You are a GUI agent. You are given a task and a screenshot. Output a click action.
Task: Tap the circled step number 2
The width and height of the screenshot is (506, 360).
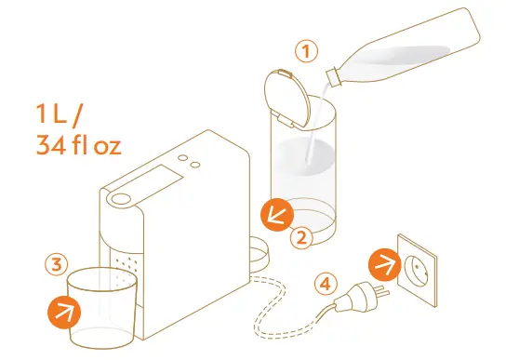point(300,236)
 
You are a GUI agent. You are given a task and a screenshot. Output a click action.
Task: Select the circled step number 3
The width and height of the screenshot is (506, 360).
point(56,263)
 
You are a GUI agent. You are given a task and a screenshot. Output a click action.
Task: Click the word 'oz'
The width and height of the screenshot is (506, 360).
point(106,148)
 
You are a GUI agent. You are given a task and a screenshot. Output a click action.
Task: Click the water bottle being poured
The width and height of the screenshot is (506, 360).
point(409,51)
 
